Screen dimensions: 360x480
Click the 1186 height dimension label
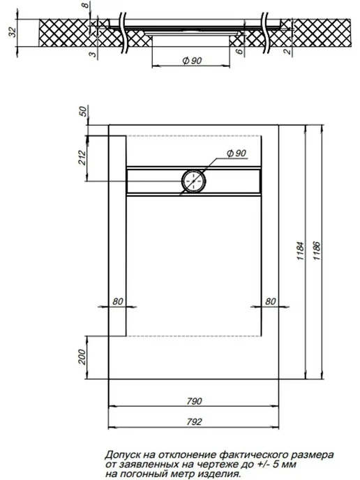pyautogui.click(x=317, y=251)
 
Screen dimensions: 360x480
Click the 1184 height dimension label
pyautogui.click(x=301, y=251)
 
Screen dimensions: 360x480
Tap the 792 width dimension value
pyautogui.click(x=194, y=422)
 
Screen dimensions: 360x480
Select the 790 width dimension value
pyautogui.click(x=194, y=401)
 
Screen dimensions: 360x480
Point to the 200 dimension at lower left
pyautogui.click(x=82, y=357)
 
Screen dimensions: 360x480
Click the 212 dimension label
pyautogui.click(x=82, y=158)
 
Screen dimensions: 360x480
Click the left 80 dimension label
pyautogui.click(x=117, y=301)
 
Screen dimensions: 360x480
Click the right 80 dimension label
pyautogui.click(x=270, y=301)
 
